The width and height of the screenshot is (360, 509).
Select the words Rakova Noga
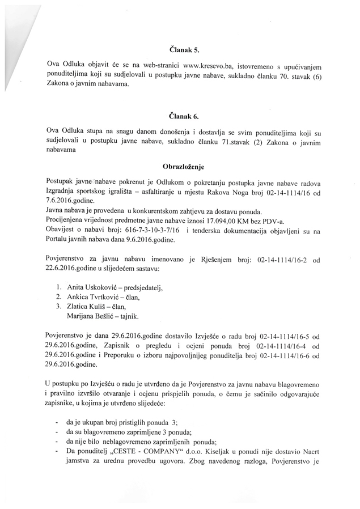tap(231, 190)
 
